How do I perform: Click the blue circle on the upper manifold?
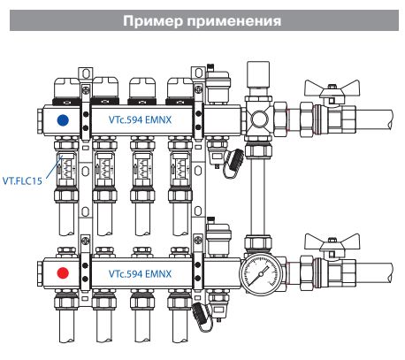pyautogui.click(x=63, y=120)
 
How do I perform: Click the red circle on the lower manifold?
pyautogui.click(x=63, y=273)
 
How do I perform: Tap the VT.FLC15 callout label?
pyautogui.click(x=22, y=180)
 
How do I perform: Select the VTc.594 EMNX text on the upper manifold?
pyautogui.click(x=140, y=119)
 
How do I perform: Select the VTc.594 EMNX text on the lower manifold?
pyautogui.click(x=140, y=273)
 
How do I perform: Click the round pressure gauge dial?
pyautogui.click(x=260, y=274)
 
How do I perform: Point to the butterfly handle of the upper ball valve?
pyautogui.click(x=332, y=88)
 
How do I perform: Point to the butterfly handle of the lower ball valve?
pyautogui.click(x=332, y=241)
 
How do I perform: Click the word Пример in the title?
pyautogui.click(x=153, y=21)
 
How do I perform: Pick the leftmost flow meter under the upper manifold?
pyautogui.click(x=66, y=165)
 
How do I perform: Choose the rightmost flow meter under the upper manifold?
pyautogui.click(x=180, y=165)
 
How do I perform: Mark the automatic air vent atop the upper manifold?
pyautogui.click(x=218, y=84)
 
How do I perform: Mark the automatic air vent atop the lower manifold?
pyautogui.click(x=218, y=236)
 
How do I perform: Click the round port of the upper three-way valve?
pyautogui.click(x=260, y=119)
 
